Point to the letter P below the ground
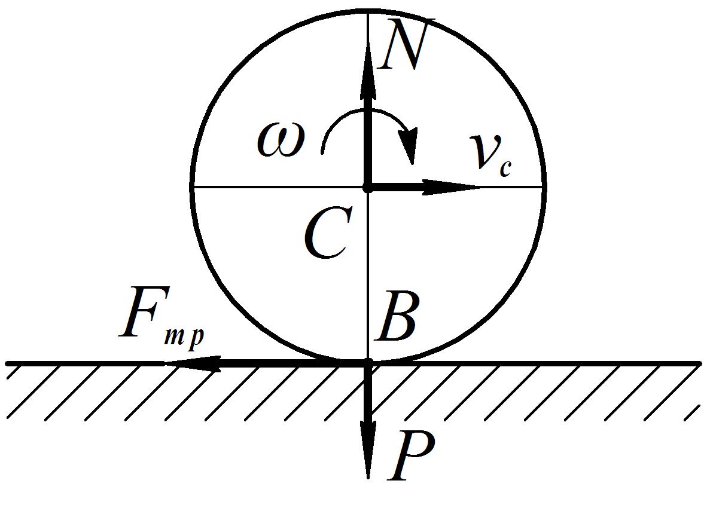(411, 457)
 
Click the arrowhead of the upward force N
(368, 72)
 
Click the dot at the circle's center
(368, 188)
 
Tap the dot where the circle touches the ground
(368, 363)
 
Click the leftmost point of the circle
(192, 187)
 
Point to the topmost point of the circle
(368, 11)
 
